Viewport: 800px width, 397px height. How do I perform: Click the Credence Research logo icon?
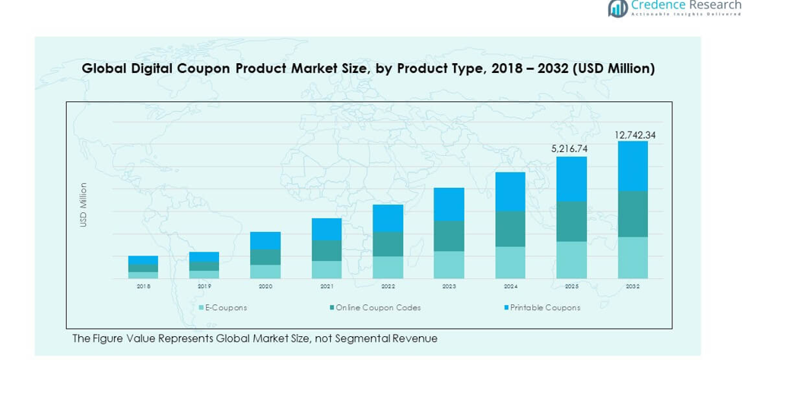pyautogui.click(x=617, y=8)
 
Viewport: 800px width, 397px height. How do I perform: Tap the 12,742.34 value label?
pyautogui.click(x=635, y=135)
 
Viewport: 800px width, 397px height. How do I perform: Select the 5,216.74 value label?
pyautogui.click(x=571, y=149)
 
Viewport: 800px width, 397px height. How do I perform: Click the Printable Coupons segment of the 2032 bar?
pyautogui.click(x=633, y=166)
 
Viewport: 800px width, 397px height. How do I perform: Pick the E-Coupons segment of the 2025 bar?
pyautogui.click(x=571, y=259)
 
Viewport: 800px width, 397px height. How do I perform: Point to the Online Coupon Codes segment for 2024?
pyautogui.click(x=510, y=229)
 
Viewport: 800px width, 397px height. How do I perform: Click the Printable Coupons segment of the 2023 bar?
pyautogui.click(x=449, y=205)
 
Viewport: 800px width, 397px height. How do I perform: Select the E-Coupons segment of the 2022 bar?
pyautogui.click(x=388, y=267)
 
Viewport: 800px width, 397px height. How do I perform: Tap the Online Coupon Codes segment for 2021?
pyautogui.click(x=326, y=250)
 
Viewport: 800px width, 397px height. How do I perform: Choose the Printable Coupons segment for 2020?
pyautogui.click(x=265, y=240)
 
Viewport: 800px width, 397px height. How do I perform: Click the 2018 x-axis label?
pyautogui.click(x=143, y=287)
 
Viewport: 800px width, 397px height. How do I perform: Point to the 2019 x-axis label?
pyautogui.click(x=204, y=287)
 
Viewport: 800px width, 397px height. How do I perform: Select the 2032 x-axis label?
pyautogui.click(x=633, y=287)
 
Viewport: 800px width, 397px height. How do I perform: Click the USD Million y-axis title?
pyautogui.click(x=84, y=205)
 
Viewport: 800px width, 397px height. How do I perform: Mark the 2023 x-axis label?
pyautogui.click(x=449, y=287)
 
